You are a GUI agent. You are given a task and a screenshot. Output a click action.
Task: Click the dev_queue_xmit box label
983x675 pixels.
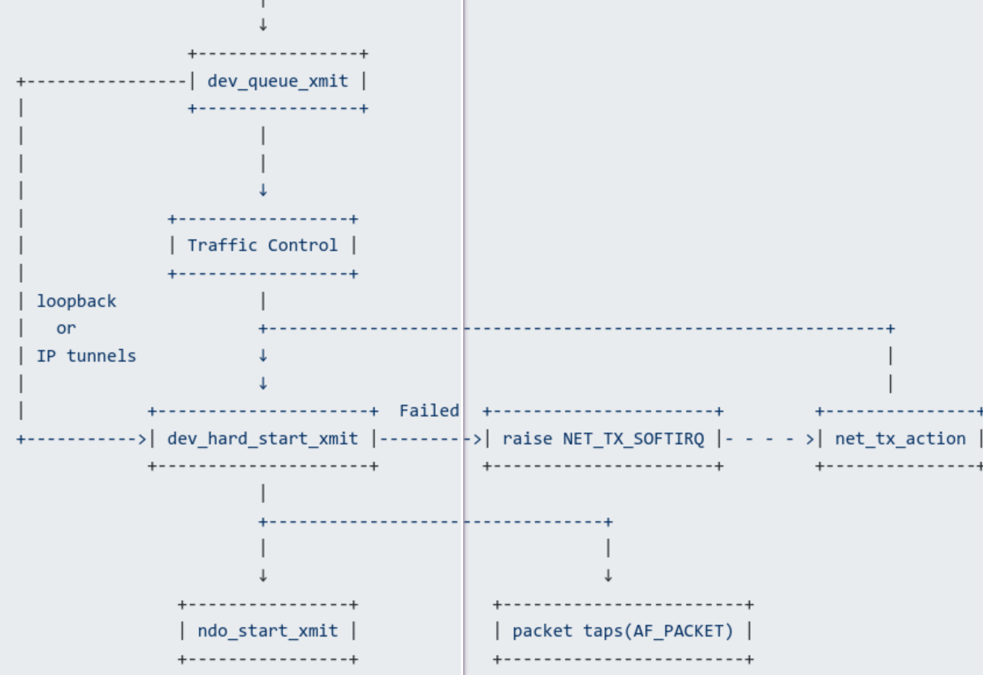[x=278, y=81]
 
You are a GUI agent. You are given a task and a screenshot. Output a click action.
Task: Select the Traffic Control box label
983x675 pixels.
[x=262, y=245]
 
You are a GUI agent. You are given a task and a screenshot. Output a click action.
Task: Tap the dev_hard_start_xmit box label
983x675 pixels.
[x=262, y=439]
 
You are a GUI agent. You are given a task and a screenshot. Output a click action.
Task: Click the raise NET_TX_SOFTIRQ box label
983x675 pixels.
[x=603, y=439]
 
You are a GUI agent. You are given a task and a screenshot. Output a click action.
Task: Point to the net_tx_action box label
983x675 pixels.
[x=900, y=439]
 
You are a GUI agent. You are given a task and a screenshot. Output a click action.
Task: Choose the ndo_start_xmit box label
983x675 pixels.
[x=268, y=631]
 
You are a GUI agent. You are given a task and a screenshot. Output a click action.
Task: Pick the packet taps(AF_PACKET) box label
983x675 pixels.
[x=623, y=631]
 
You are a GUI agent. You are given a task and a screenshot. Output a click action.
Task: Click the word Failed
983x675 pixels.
[x=429, y=411]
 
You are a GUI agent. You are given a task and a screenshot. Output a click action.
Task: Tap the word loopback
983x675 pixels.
[x=76, y=301]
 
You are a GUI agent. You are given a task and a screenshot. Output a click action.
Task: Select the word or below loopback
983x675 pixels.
[x=66, y=328]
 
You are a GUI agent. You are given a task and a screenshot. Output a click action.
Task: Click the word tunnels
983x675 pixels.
[x=101, y=356]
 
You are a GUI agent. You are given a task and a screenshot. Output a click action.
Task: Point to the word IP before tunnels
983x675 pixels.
[x=47, y=356]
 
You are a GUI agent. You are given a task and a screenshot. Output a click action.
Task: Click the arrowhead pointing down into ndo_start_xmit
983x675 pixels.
[x=263, y=577]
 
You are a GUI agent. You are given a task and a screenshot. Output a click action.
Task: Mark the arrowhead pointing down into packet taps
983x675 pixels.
[x=608, y=577]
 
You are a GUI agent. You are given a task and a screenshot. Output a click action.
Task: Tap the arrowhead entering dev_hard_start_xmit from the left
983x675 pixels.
[x=142, y=439]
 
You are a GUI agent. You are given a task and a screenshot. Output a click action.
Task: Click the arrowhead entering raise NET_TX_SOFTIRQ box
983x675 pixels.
[x=477, y=439]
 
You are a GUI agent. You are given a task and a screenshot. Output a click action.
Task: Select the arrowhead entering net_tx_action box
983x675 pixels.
[x=810, y=439]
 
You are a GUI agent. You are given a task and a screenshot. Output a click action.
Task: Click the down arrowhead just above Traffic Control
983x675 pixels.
[x=263, y=190]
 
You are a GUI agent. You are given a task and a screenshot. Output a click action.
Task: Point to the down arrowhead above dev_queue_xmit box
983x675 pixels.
[x=263, y=25]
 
